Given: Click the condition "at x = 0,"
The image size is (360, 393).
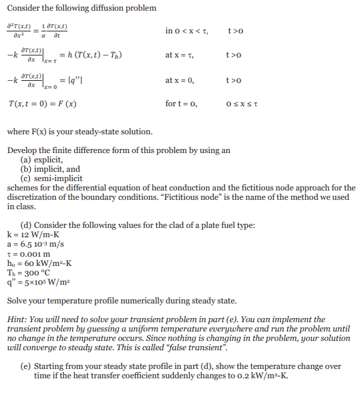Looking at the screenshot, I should coord(179,80).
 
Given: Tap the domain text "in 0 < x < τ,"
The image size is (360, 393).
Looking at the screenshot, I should coord(188,31).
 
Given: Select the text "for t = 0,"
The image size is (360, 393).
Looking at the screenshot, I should coord(180,105).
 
